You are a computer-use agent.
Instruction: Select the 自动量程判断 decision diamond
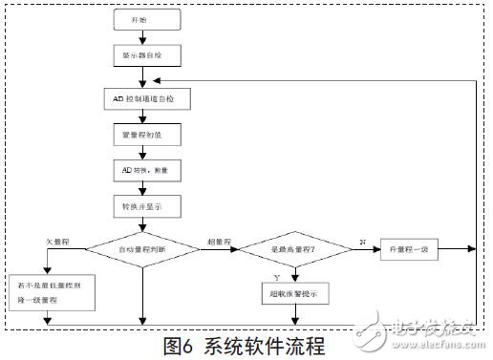click(142, 251)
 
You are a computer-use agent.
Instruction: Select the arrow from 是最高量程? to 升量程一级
click(362, 251)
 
